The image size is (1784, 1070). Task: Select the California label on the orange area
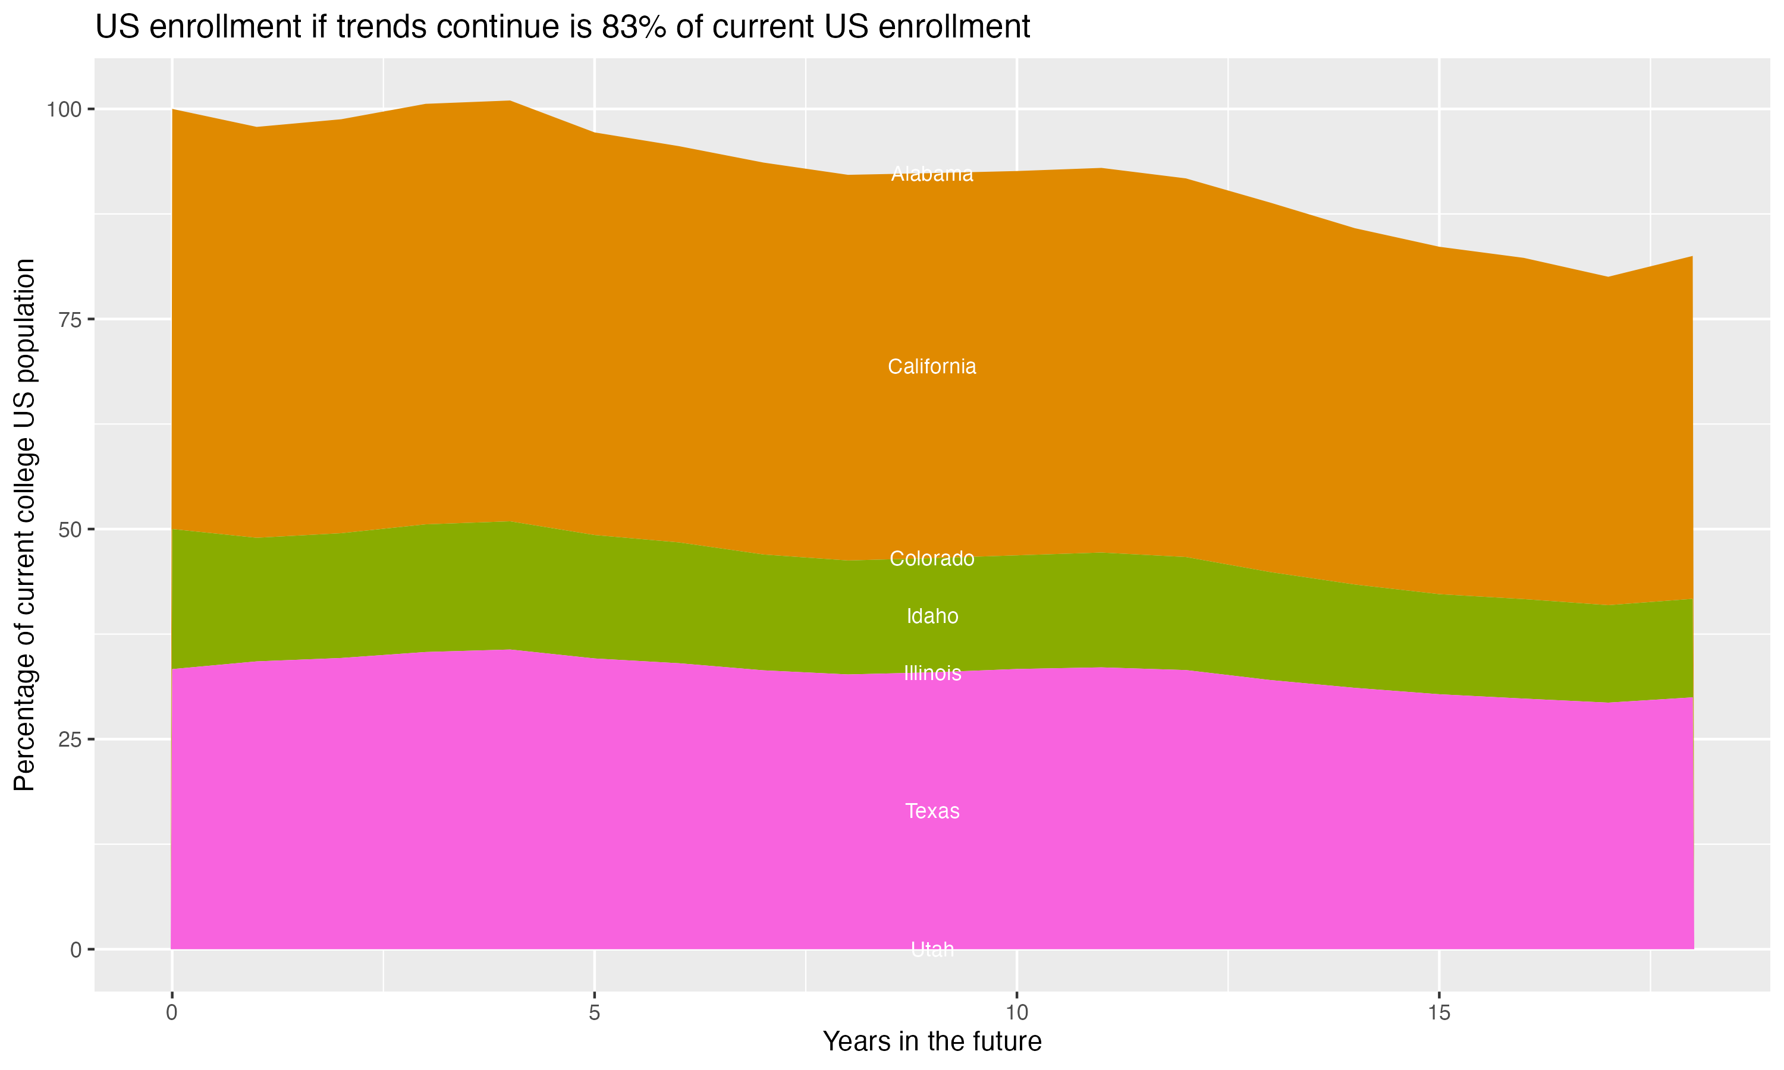tap(932, 367)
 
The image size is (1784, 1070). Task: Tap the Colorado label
tap(932, 559)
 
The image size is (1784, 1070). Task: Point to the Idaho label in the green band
tap(932, 616)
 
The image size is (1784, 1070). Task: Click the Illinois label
tap(932, 674)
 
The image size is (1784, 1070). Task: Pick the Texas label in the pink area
tap(932, 811)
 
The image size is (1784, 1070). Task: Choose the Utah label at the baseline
tap(932, 949)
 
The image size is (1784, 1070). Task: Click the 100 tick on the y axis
tap(65, 109)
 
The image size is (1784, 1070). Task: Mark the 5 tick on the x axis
tap(594, 1014)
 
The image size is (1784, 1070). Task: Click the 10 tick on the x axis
tap(1016, 1014)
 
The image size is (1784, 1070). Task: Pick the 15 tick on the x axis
tap(1438, 1014)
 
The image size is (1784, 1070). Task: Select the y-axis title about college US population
tap(24, 524)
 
